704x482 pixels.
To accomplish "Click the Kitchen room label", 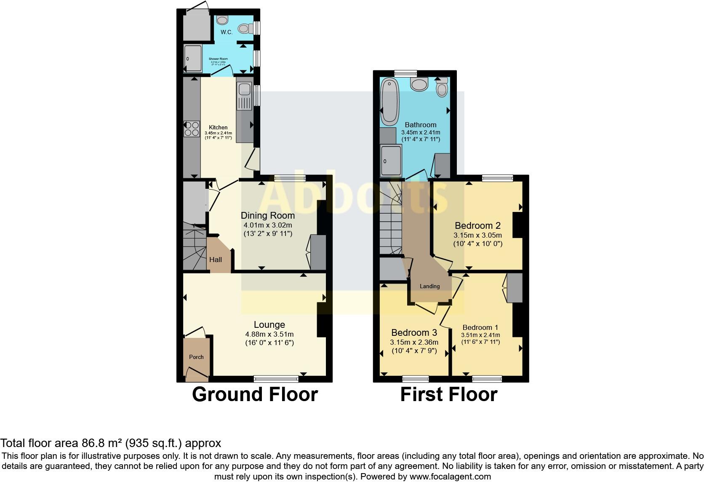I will tap(218, 127).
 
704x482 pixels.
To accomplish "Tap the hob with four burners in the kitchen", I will tap(192, 129).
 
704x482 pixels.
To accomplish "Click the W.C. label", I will tap(227, 32).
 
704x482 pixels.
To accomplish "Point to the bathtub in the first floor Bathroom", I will tap(389, 103).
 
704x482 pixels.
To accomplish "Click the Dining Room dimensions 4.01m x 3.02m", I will tap(268, 225).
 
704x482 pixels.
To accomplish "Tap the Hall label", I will tap(216, 260).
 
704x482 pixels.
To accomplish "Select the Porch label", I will tap(196, 357).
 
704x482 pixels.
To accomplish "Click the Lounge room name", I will tap(269, 324).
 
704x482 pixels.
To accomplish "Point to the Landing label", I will tap(429, 286).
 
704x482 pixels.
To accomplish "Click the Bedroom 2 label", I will tap(477, 225).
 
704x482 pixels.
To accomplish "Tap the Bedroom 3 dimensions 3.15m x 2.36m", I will tap(414, 342).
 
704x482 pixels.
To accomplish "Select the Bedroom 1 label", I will tap(480, 327).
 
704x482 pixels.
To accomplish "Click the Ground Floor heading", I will tap(255, 394).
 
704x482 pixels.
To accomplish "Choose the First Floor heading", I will tap(448, 394).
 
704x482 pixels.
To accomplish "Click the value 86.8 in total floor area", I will tap(91, 443).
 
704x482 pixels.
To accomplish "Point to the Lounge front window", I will tap(276, 379).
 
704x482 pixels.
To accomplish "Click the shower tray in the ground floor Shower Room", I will tap(193, 59).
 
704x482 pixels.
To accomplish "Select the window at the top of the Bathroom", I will tap(405, 73).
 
